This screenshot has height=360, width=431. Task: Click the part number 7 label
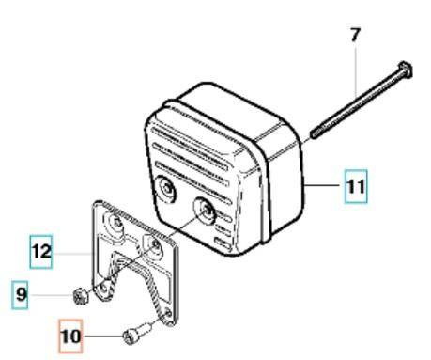pos(354,35)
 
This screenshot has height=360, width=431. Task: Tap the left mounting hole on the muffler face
pos(165,191)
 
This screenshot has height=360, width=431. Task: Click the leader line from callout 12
pos(75,252)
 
